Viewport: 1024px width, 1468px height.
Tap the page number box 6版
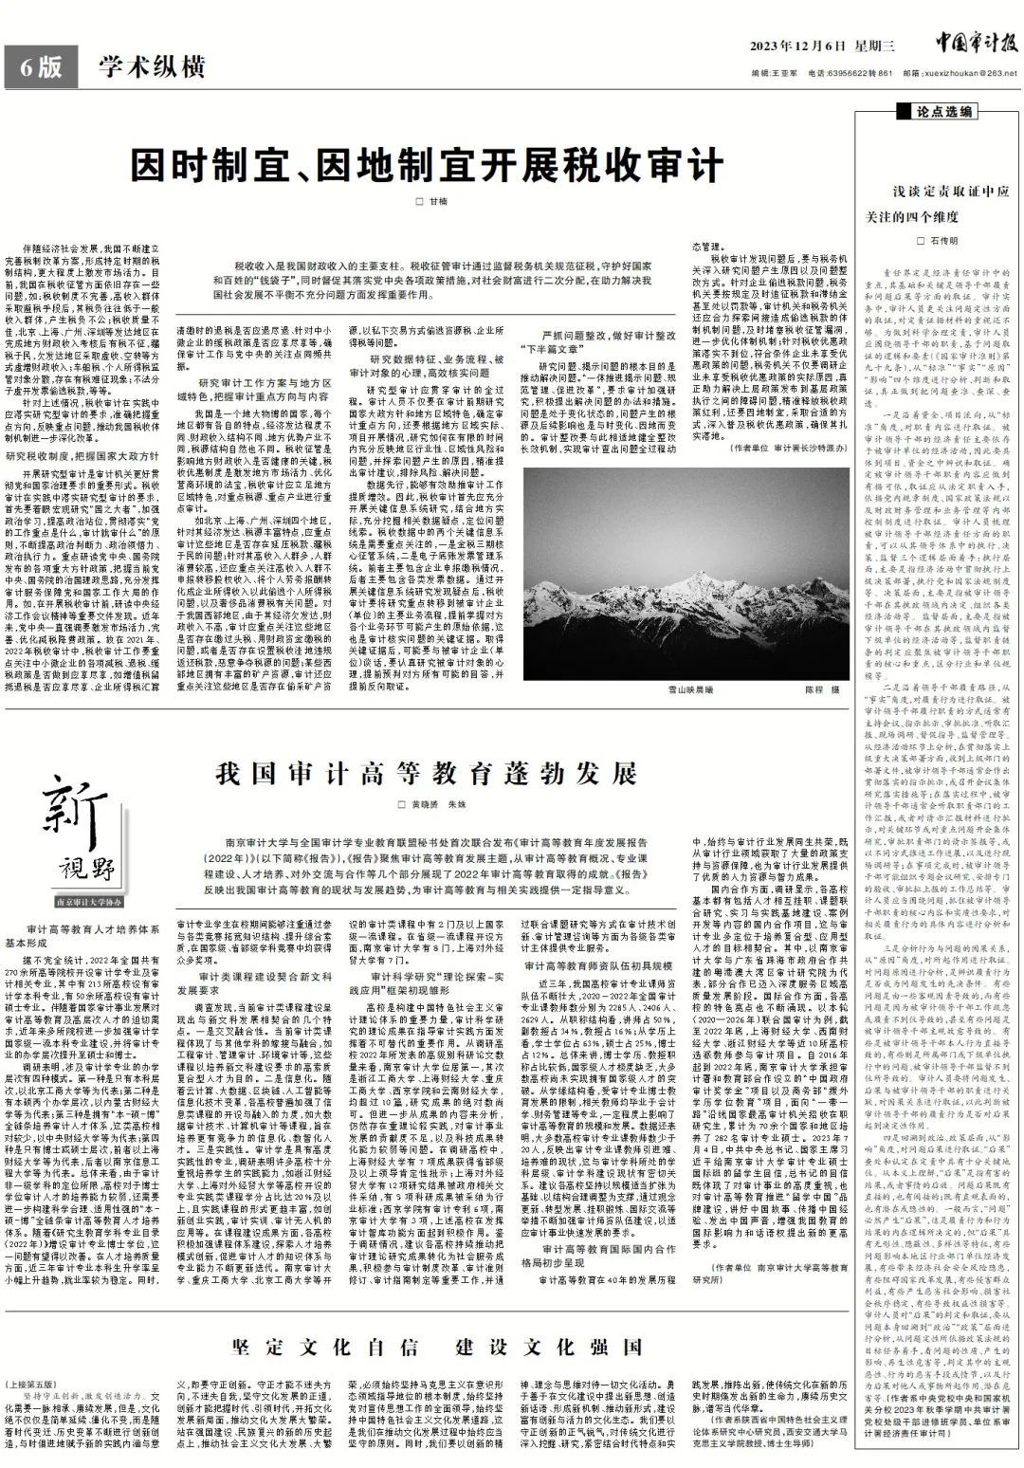39,68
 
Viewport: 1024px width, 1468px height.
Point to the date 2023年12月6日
795,46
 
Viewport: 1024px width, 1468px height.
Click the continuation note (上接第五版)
30,1384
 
